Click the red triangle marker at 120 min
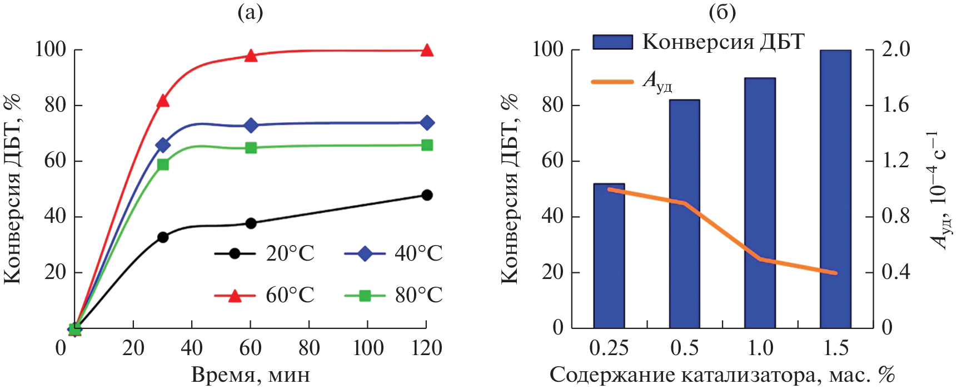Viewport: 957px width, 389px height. point(427,51)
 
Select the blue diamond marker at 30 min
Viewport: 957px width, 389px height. point(163,146)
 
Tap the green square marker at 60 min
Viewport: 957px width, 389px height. point(251,148)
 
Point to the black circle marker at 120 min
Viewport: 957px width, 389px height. point(427,195)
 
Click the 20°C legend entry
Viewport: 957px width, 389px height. point(265,254)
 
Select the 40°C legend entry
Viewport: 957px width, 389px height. point(393,254)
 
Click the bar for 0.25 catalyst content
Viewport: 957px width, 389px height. point(609,256)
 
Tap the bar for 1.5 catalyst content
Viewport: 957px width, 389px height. point(836,189)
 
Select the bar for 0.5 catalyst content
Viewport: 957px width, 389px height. point(685,214)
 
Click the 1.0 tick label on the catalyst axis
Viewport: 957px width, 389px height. point(760,348)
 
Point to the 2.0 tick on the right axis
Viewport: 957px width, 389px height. point(896,49)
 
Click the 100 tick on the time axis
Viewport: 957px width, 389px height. point(368,348)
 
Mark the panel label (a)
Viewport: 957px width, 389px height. point(250,12)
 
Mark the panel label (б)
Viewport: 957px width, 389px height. point(722,12)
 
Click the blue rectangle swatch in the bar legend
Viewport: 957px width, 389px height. point(612,42)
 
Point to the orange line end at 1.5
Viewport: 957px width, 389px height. point(835,273)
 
